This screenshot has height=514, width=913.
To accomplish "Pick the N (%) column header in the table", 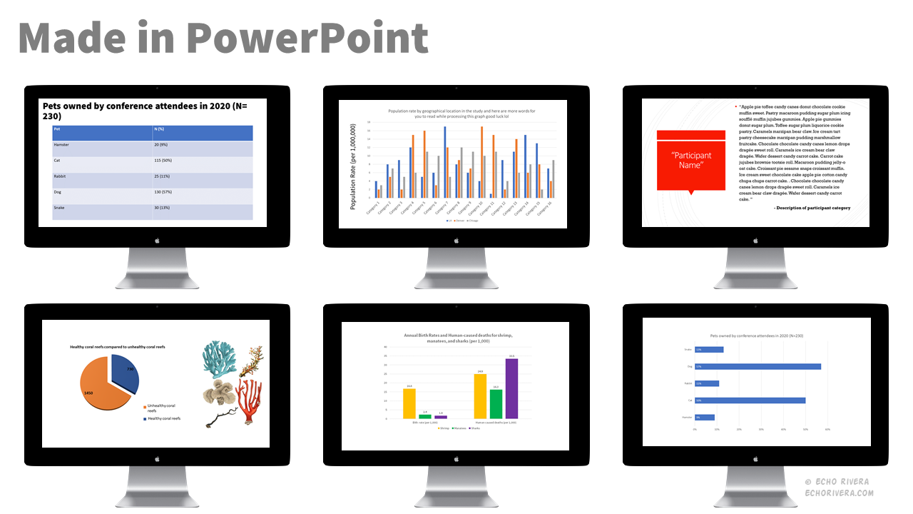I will pyautogui.click(x=161, y=128).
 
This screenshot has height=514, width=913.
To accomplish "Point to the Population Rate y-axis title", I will pyautogui.click(x=352, y=166).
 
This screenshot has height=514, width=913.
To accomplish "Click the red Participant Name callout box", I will pyautogui.click(x=690, y=161).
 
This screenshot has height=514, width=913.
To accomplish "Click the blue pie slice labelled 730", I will pyautogui.click(x=124, y=371).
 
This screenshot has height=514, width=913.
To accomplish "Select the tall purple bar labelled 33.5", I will pyautogui.click(x=511, y=388).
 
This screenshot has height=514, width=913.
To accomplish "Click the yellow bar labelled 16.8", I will pyautogui.click(x=409, y=403).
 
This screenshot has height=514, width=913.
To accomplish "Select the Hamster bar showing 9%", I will pyautogui.click(x=705, y=418).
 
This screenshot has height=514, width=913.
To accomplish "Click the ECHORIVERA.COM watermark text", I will pyautogui.click(x=838, y=493).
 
